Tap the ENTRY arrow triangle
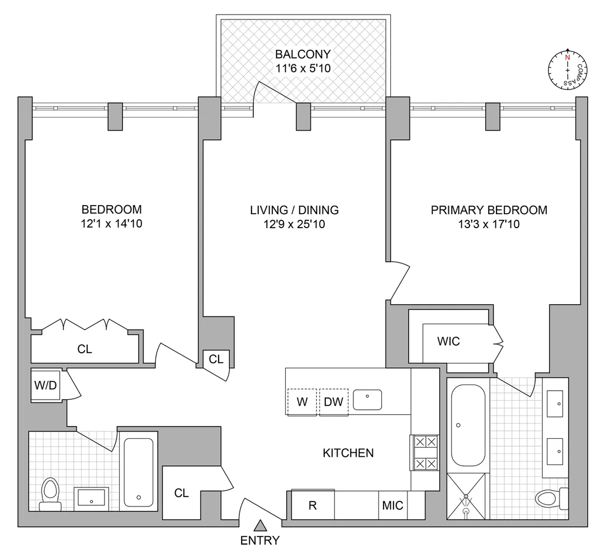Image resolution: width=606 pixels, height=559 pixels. [260, 525]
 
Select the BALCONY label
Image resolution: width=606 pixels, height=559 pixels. [302, 54]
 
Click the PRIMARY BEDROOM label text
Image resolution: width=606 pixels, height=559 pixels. [489, 210]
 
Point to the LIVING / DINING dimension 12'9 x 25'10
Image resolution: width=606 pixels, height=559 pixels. [294, 225]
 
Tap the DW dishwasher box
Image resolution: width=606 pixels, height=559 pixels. [334, 401]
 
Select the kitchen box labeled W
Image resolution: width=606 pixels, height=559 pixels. [302, 401]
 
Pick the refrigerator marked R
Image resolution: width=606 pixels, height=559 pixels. [313, 505]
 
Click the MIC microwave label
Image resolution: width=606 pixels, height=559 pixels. [392, 505]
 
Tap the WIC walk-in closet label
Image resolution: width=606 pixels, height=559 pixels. [448, 341]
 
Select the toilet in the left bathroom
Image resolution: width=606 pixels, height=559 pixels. [50, 495]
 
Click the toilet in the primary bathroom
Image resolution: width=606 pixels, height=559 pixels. [547, 497]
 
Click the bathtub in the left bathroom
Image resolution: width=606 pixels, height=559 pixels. [138, 471]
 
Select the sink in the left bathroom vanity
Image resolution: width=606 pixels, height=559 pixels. [91, 496]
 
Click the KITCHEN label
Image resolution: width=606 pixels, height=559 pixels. [348, 453]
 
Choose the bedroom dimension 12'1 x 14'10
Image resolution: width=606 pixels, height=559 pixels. [111, 225]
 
